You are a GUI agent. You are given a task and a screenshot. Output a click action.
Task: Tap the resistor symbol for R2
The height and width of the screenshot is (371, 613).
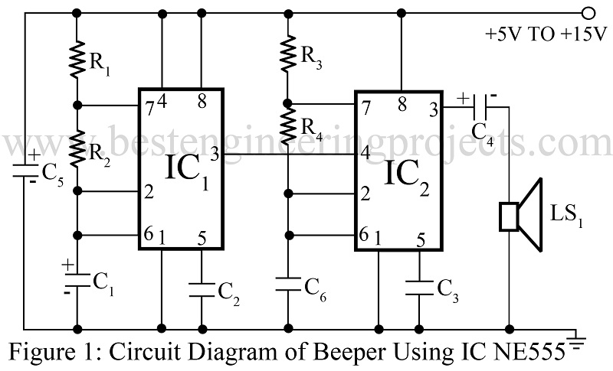point(77,148)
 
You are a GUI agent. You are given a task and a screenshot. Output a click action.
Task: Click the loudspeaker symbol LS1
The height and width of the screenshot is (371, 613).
point(521,216)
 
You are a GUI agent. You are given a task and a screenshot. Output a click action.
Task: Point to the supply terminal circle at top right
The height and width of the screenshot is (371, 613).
point(588,13)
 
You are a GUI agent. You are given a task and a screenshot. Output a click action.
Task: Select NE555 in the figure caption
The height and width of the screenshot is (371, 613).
point(532,353)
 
